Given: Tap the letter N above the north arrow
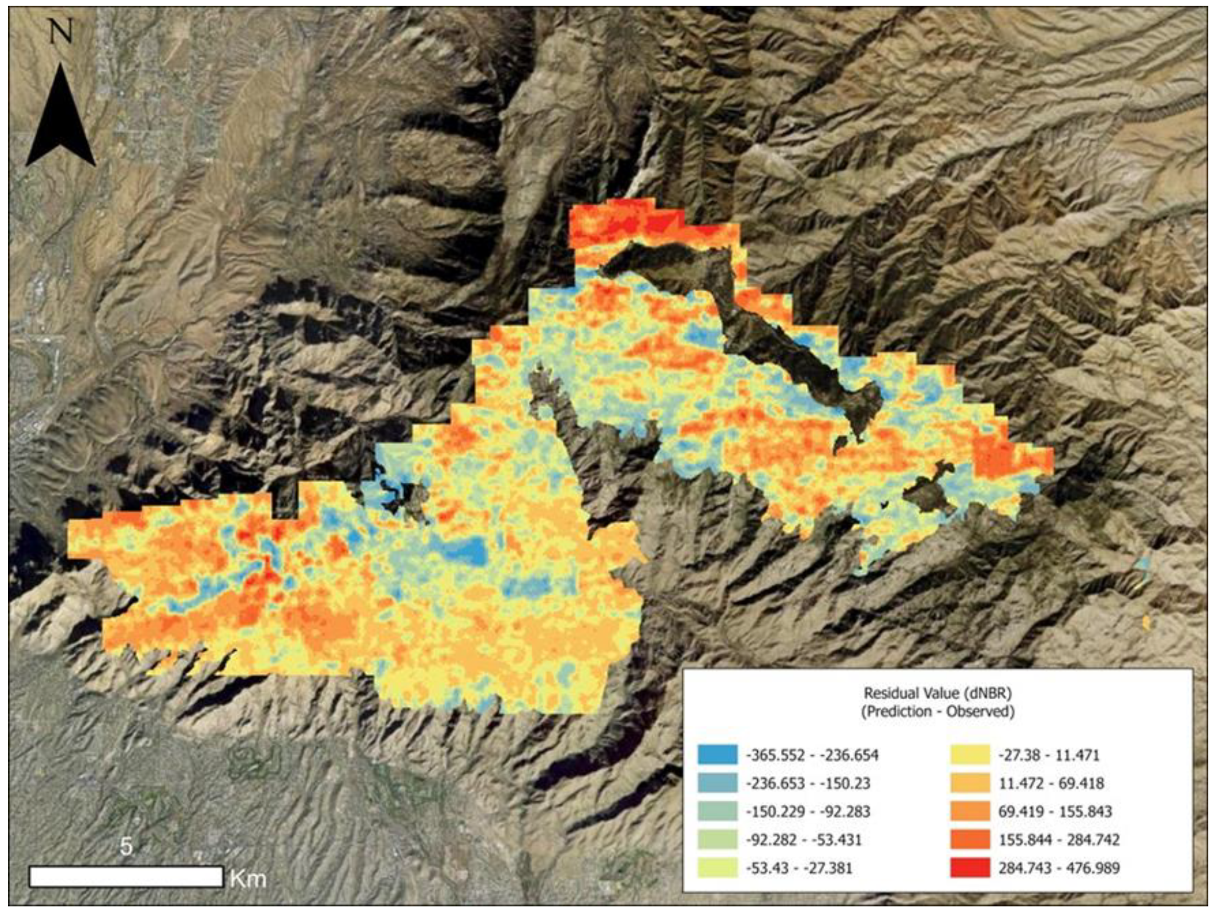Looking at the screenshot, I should click(x=61, y=33).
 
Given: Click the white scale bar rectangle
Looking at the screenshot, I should click(x=126, y=876).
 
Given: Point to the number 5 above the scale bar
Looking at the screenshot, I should click(x=126, y=847).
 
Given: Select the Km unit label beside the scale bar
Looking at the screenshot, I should click(x=248, y=878).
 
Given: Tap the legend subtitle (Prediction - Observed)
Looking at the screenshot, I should click(x=937, y=711).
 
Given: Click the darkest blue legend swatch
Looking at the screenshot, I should click(x=717, y=755).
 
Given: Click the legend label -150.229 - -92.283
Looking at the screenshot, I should click(x=808, y=811).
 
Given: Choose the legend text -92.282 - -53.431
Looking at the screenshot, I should click(x=803, y=840).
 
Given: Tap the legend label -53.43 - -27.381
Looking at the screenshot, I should click(x=799, y=869).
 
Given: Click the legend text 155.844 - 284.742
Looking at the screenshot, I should click(x=1059, y=840).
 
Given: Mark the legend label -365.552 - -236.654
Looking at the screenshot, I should click(x=812, y=755).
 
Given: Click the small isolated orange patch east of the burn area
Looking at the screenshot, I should click(x=1146, y=622).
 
